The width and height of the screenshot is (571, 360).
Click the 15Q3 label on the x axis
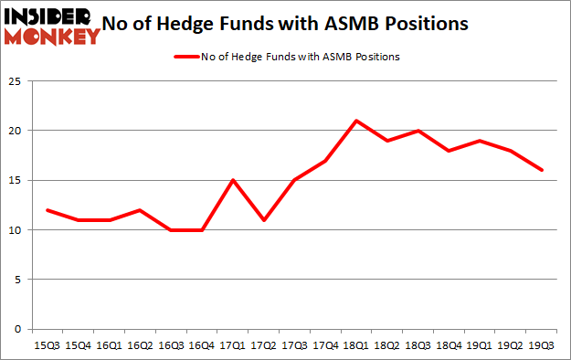(x=48, y=345)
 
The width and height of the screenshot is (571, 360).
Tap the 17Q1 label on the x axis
(x=233, y=345)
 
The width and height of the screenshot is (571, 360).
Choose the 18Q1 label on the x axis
(x=356, y=345)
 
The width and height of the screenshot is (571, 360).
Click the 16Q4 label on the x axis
(x=202, y=345)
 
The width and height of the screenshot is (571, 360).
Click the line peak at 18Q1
(x=356, y=121)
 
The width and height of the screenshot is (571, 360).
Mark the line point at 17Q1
(x=233, y=180)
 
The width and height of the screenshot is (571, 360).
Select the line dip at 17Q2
(x=264, y=220)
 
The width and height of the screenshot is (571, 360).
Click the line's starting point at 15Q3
(x=48, y=210)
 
